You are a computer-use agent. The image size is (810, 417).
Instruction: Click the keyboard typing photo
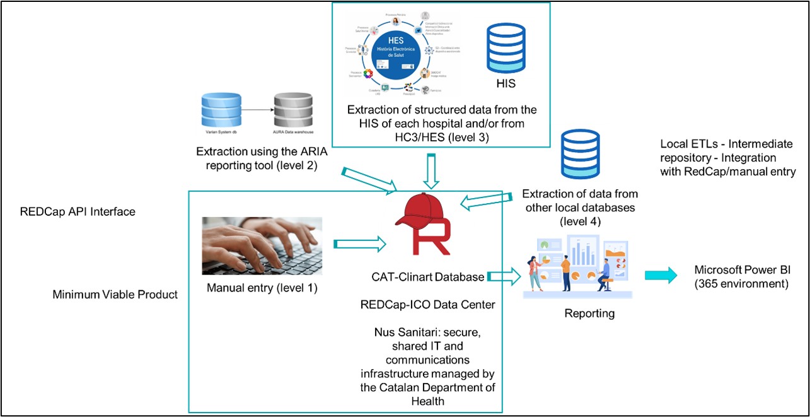pos(262,245)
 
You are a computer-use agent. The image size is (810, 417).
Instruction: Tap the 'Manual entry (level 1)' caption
pos(262,289)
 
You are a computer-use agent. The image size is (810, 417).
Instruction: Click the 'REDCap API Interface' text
pos(78,212)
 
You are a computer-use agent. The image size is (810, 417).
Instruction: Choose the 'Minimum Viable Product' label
pos(115,293)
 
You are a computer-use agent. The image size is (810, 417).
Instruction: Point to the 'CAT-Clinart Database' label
pos(428,277)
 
